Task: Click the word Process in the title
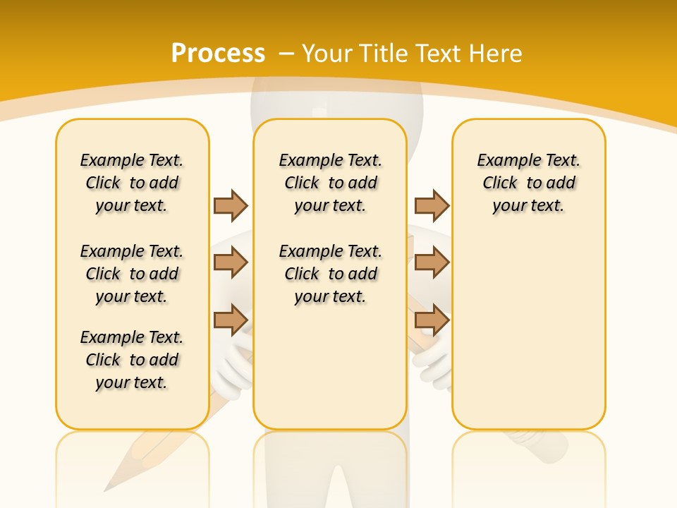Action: [218, 54]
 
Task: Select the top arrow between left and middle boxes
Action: [231, 205]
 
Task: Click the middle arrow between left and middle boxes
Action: [231, 262]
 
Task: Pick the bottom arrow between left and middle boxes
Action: [231, 320]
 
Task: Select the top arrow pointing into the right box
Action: [432, 205]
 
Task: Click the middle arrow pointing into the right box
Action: [432, 262]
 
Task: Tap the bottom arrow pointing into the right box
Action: [432, 320]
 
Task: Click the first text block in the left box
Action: [132, 183]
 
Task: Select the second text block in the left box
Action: [132, 274]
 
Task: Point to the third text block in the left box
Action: [132, 360]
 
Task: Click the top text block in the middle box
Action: [330, 183]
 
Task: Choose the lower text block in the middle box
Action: [330, 274]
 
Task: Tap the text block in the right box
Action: [528, 183]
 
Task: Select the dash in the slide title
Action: [286, 54]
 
